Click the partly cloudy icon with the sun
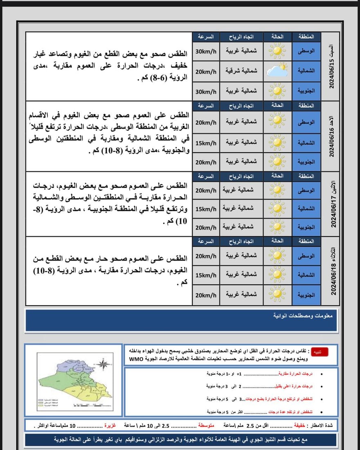coord(277,70)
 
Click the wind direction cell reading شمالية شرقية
coord(241,71)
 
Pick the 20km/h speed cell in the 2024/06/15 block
coord(206,71)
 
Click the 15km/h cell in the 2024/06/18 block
coord(206,275)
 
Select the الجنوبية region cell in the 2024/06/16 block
coord(306,162)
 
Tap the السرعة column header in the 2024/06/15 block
coord(206,36)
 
